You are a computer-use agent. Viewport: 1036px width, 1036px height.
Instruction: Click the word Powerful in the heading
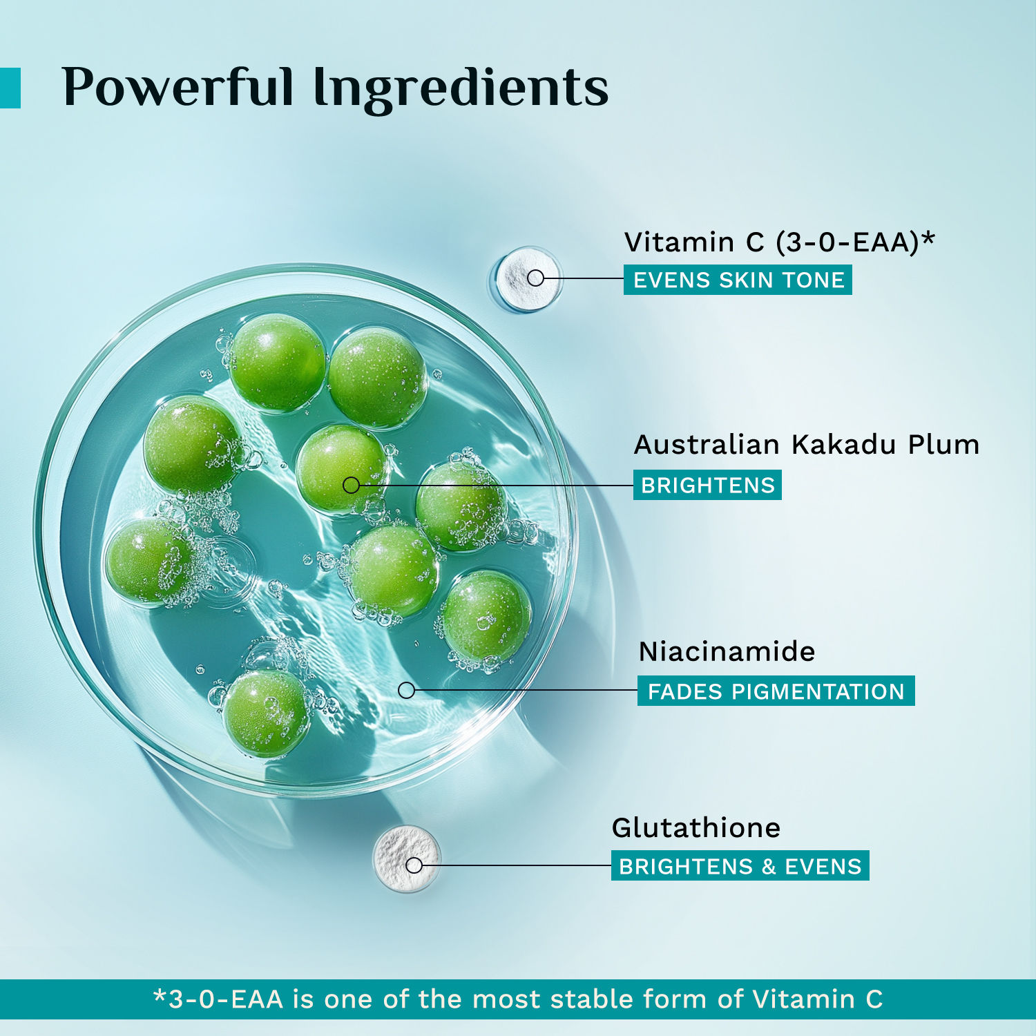pos(178,88)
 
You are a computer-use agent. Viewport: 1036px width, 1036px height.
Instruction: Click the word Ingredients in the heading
pos(461,90)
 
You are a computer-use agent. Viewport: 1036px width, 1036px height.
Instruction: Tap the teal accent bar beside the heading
pos(10,88)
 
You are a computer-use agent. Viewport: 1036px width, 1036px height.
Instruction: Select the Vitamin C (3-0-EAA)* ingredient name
pos(779,242)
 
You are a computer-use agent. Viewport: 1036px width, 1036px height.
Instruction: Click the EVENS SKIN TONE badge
pos(738,280)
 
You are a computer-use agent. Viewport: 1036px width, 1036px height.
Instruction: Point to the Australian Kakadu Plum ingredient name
pos(807,444)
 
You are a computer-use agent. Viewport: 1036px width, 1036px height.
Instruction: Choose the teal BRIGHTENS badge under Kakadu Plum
pos(707,485)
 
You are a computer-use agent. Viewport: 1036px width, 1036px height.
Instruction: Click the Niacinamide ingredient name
pos(727,651)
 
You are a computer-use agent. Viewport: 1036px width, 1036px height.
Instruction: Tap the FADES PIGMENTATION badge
pos(776,691)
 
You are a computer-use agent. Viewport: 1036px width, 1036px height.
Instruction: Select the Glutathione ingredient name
pos(696,827)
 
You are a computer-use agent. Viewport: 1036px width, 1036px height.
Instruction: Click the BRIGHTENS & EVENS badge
pos(740,865)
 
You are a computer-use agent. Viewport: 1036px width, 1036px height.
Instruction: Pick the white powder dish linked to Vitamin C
pos(528,279)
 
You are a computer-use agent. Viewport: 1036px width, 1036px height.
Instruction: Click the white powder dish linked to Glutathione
pos(407,858)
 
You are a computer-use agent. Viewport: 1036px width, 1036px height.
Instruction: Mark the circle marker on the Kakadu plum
pos(351,485)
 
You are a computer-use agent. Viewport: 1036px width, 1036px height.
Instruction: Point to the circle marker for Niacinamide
pos(406,690)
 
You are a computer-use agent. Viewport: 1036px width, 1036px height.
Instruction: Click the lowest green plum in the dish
pos(267,713)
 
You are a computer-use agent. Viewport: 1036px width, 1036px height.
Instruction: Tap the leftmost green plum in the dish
pos(150,562)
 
